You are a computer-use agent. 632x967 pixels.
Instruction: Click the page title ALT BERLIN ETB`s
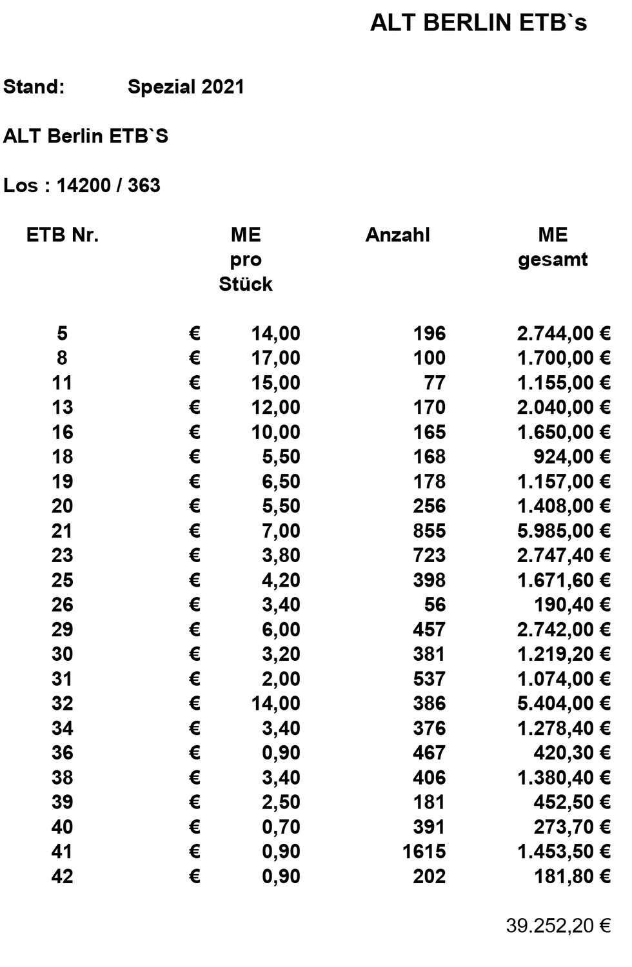coord(478,23)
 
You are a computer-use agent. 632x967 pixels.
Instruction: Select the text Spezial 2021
coord(186,87)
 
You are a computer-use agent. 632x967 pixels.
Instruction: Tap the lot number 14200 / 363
coord(108,186)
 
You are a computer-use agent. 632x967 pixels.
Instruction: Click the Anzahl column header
coord(397,235)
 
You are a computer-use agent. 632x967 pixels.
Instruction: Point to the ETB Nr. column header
coord(63,235)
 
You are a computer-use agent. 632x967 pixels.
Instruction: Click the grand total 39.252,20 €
coord(558,926)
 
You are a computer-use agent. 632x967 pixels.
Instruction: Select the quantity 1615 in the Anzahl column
coord(424,852)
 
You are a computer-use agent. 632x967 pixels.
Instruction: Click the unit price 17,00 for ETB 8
coord(275,358)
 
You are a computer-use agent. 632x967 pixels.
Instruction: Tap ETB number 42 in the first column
coord(62,876)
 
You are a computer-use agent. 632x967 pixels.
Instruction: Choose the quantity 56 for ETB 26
coord(435,605)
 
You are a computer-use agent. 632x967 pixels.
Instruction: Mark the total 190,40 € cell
coord(572,605)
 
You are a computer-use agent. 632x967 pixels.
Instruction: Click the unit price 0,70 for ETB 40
coord(281,826)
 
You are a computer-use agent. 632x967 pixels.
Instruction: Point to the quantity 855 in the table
coord(430,531)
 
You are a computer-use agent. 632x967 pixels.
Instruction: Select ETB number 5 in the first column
coord(62,333)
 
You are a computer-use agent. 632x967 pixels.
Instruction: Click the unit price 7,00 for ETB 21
coord(281,531)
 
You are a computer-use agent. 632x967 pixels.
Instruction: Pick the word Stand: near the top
coord(34,87)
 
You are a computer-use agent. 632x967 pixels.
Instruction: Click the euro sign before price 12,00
coord(195,407)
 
